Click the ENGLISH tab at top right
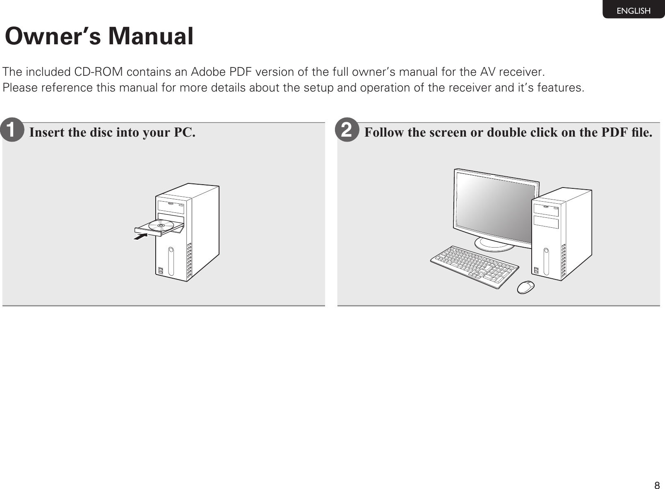(633, 11)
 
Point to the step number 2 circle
(348, 132)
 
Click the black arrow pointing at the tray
(141, 237)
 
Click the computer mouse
(526, 287)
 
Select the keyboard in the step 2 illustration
(475, 266)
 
